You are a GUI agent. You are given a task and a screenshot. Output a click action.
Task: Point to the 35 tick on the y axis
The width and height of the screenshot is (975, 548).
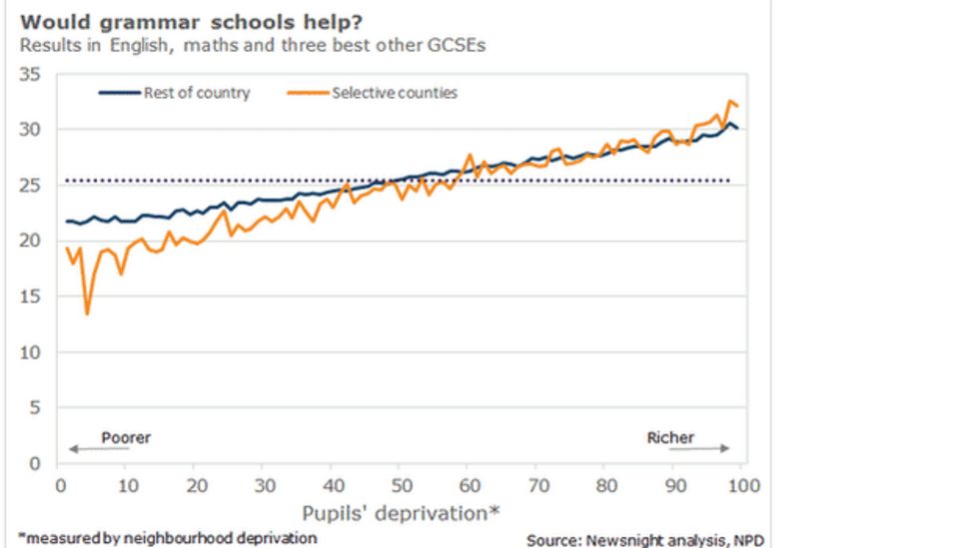[x=35, y=74]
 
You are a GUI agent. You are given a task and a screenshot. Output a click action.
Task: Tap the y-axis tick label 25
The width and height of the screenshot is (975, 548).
[x=35, y=185]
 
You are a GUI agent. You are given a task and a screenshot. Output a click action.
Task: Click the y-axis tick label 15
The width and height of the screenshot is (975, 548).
[x=35, y=296]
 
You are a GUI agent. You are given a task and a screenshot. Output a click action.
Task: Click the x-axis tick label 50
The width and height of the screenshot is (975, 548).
[x=398, y=485]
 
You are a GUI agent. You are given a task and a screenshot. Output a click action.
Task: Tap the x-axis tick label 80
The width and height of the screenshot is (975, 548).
[x=603, y=485]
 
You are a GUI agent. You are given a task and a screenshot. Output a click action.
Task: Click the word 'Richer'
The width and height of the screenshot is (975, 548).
[x=670, y=437]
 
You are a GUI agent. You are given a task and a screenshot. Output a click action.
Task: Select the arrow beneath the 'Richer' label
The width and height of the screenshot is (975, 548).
[x=698, y=449]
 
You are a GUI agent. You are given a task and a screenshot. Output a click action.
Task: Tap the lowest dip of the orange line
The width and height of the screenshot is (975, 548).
[x=88, y=313]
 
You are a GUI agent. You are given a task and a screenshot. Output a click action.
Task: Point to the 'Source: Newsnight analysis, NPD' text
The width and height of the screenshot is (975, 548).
[x=648, y=539]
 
